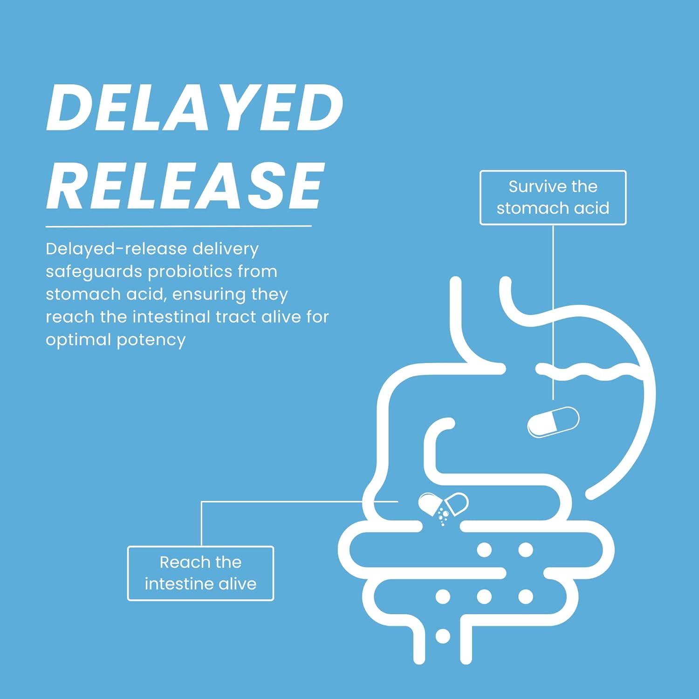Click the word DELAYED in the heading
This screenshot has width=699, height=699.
pos(195,108)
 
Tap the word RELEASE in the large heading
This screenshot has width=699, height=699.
pos(185,186)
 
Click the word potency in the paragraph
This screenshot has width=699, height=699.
pos(151,340)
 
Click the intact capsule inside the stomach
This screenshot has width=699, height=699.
pos(553,422)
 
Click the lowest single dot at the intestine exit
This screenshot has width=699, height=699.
pos(443,636)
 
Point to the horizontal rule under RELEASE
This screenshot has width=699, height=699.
pos(178,226)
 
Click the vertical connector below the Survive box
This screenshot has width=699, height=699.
pos(553,312)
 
